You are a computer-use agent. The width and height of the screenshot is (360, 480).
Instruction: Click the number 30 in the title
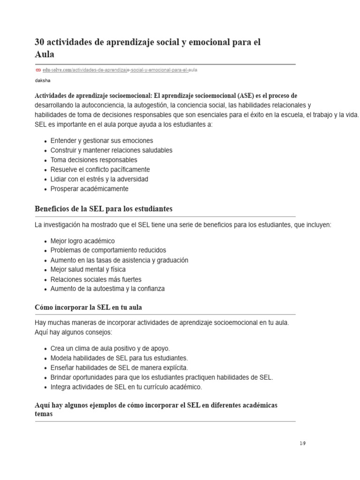pyautogui.click(x=40, y=42)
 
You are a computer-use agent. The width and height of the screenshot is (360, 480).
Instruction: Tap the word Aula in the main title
pyautogui.click(x=45, y=54)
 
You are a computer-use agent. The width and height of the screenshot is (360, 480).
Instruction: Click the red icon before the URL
pyautogui.click(x=38, y=70)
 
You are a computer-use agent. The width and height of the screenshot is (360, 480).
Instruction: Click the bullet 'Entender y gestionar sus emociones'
pyautogui.click(x=101, y=141)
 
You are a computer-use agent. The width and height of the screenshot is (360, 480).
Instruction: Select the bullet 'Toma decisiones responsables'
pyautogui.click(x=94, y=160)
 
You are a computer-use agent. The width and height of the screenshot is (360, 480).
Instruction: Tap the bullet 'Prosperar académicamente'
pyautogui.click(x=89, y=189)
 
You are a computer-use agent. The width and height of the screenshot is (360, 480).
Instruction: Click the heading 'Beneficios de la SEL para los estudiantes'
pyautogui.click(x=104, y=209)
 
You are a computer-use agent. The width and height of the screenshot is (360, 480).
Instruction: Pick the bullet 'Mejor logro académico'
pyautogui.click(x=82, y=241)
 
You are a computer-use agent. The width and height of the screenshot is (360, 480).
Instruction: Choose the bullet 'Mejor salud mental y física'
pyautogui.click(x=88, y=270)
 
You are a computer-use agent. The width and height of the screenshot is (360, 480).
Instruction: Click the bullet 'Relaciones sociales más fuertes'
pyautogui.click(x=96, y=279)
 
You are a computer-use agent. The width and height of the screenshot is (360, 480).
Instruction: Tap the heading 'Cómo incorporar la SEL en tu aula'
pyautogui.click(x=88, y=307)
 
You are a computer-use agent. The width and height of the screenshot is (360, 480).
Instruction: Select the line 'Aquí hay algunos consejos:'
pyautogui.click(x=74, y=332)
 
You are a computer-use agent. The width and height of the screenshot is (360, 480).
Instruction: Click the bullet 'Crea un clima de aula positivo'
pyautogui.click(x=110, y=349)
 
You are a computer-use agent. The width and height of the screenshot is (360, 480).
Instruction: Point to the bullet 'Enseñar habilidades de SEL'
pyautogui.click(x=119, y=368)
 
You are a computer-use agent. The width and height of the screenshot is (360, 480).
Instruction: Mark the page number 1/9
pyautogui.click(x=302, y=443)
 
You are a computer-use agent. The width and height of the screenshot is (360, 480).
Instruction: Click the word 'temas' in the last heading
pyautogui.click(x=44, y=414)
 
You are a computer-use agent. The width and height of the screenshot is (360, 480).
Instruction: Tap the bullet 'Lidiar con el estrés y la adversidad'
pyautogui.click(x=99, y=179)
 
